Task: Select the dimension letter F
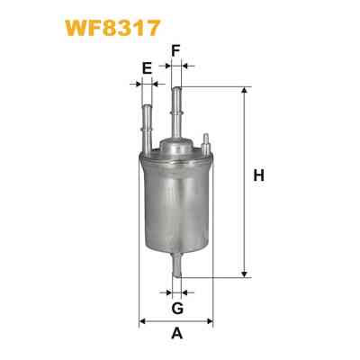point(177,49)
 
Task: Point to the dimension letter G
point(177,309)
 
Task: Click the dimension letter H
point(258,176)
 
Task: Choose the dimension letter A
point(177,335)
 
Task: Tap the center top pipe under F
point(177,112)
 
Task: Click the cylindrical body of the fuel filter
point(177,202)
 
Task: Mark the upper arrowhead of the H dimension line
point(243,91)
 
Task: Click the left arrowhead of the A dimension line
point(143,321)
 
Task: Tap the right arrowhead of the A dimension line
point(211,321)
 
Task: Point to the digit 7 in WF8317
point(155,27)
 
